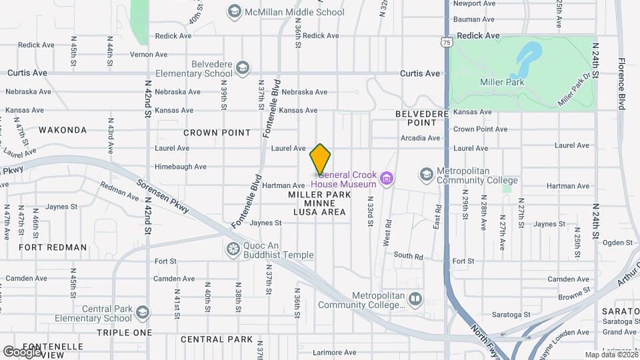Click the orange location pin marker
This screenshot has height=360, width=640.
pos(320,159)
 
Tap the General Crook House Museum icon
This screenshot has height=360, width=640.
pos(385,179)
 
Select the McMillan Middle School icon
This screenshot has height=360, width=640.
pos(234,11)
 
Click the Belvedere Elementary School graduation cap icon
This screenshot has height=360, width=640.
pos(243,68)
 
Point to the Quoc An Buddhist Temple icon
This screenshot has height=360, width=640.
pos(233,249)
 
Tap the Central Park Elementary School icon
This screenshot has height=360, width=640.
pos(143,313)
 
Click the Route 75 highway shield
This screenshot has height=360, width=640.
pos(446,42)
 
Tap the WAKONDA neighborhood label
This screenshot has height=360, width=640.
pos(63,130)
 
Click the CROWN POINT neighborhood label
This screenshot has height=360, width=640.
pos(217,133)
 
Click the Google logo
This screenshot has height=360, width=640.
pos(21,352)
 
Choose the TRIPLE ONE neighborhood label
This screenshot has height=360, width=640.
pos(124,332)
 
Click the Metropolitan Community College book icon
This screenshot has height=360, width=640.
pos(415,298)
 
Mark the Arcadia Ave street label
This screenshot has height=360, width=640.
pos(420,138)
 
